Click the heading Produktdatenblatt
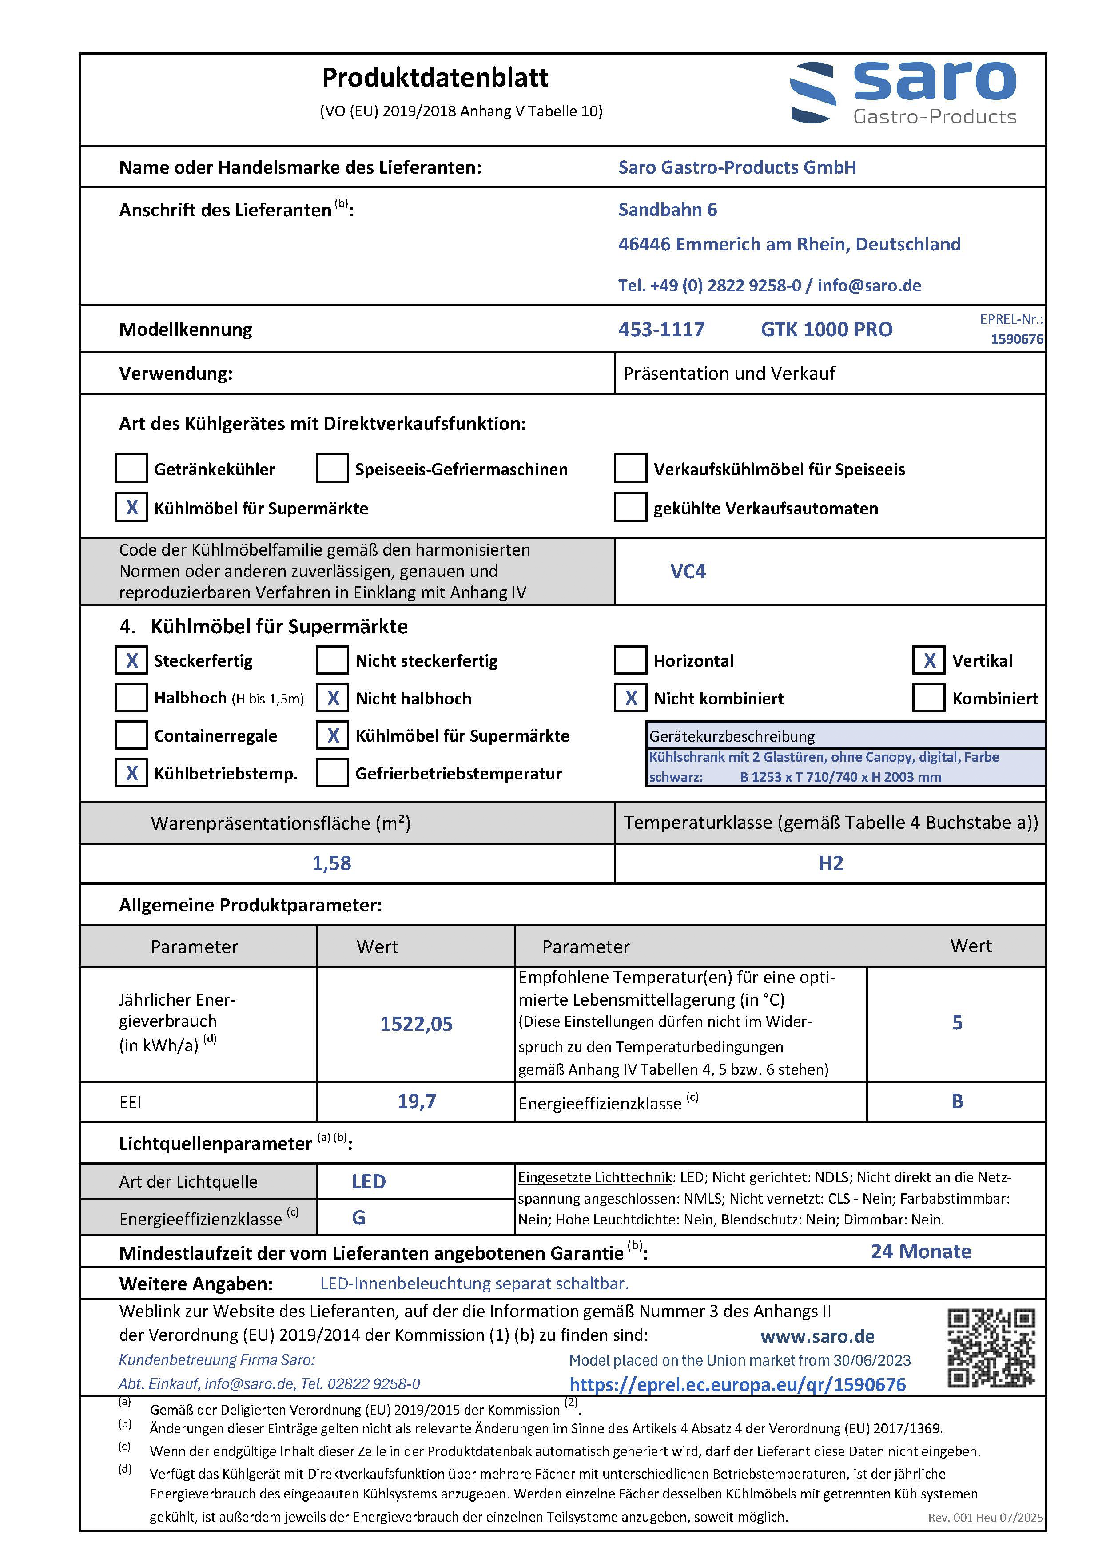pyautogui.click(x=435, y=78)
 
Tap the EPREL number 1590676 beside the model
pyautogui.click(x=1017, y=338)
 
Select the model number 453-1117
pyautogui.click(x=661, y=330)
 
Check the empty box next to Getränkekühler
pyautogui.click(x=131, y=468)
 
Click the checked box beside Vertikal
pyautogui.click(x=928, y=660)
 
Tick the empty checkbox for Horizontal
pyautogui.click(x=630, y=660)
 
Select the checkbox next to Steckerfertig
pyautogui.click(x=131, y=660)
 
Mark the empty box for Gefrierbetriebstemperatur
pyautogui.click(x=333, y=773)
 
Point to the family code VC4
pyautogui.click(x=688, y=571)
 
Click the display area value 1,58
pyautogui.click(x=331, y=863)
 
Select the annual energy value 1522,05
pyautogui.click(x=416, y=1024)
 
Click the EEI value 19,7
pyautogui.click(x=416, y=1101)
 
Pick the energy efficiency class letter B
pyautogui.click(x=957, y=1101)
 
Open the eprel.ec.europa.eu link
pyautogui.click(x=737, y=1384)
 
